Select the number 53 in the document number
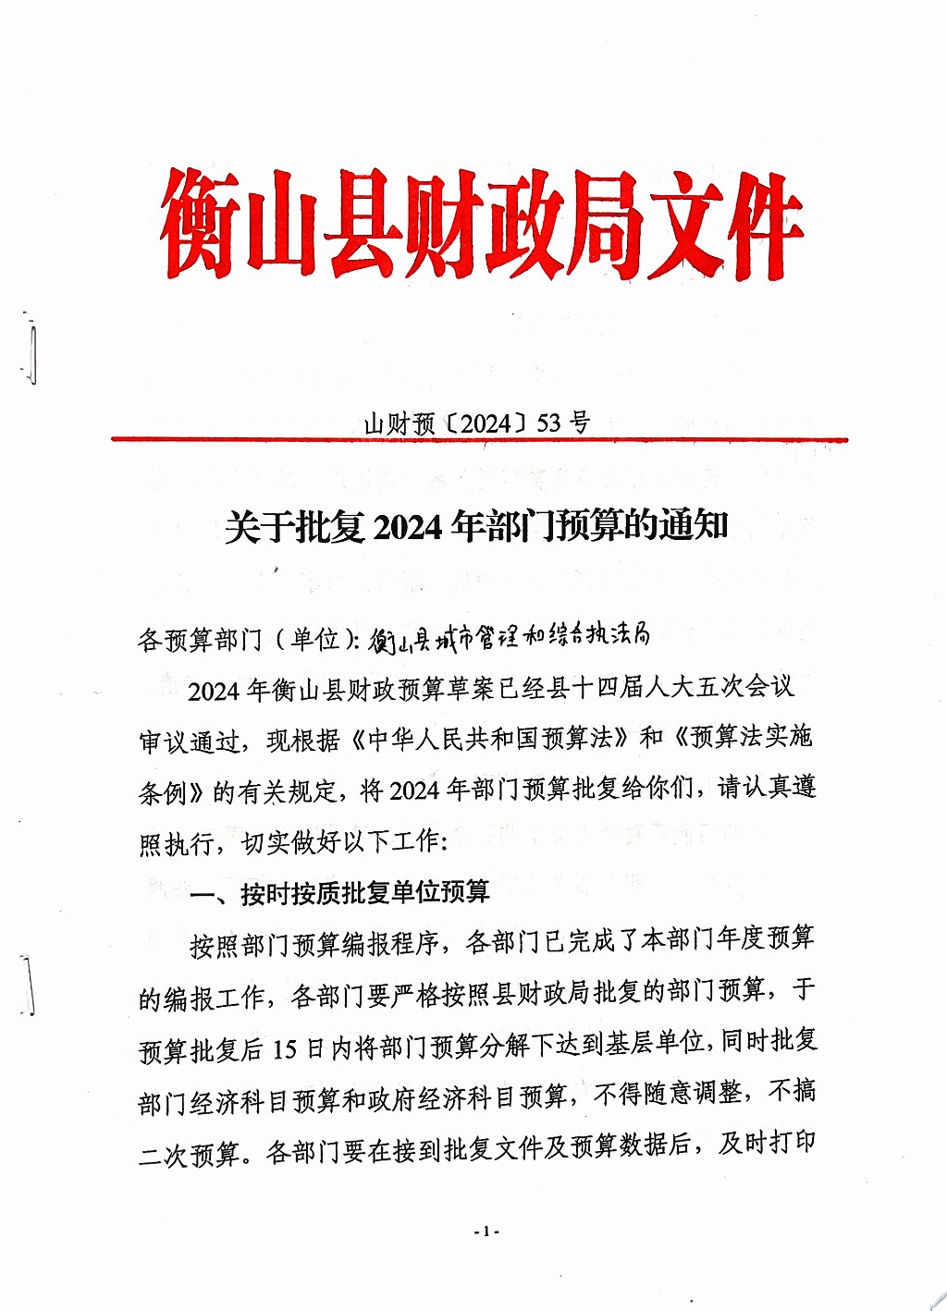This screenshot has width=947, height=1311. [x=548, y=423]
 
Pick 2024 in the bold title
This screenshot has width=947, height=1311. [x=408, y=527]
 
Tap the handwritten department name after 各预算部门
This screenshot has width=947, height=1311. [x=509, y=636]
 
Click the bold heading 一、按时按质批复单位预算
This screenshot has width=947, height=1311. [x=339, y=893]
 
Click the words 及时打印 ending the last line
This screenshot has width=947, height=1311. [x=768, y=1144]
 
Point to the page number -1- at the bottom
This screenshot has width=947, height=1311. [x=486, y=1231]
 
